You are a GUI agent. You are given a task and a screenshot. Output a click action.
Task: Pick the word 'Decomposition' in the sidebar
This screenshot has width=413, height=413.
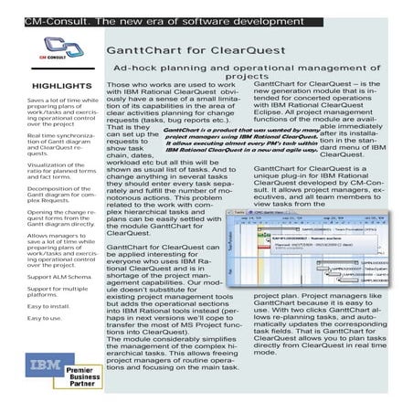coord(26,188)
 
